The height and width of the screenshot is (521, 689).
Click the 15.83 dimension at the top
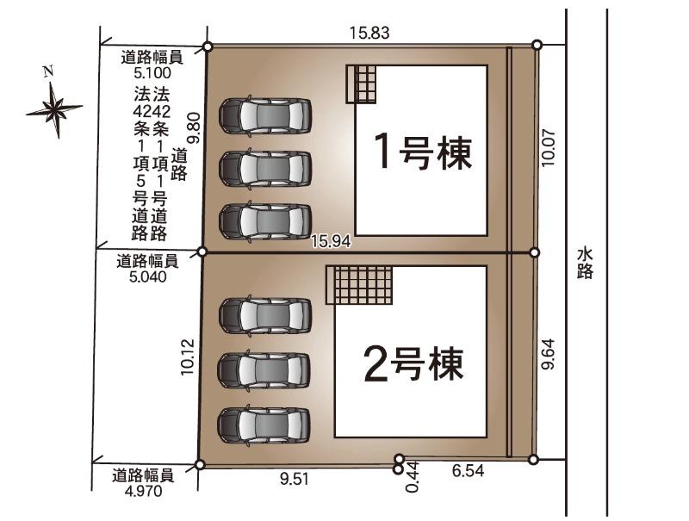[x=369, y=33]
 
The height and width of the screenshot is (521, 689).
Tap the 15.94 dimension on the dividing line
[x=331, y=241]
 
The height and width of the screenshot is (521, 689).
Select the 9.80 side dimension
[x=194, y=127]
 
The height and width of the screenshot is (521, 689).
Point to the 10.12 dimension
[x=187, y=357]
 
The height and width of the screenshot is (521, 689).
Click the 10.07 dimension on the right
[x=548, y=147]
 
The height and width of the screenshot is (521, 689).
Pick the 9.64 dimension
[x=548, y=354]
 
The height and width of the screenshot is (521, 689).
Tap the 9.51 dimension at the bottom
[x=295, y=479]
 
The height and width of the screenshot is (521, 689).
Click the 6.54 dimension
[x=469, y=471]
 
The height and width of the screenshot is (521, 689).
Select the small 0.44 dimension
[x=413, y=477]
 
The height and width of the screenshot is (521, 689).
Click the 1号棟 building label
[x=423, y=152]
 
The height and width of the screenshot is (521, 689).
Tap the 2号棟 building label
[x=414, y=363]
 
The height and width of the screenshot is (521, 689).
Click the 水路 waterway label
[x=586, y=264]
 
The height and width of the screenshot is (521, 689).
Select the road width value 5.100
[x=152, y=72]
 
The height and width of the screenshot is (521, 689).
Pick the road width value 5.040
[x=148, y=276]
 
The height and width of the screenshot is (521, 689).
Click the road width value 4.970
[x=144, y=491]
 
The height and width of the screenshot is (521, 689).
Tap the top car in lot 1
[x=265, y=115]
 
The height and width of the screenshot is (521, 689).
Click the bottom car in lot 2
[x=264, y=425]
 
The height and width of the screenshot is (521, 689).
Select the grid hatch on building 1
[x=361, y=84]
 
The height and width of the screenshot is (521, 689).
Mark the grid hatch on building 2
[x=359, y=285]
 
